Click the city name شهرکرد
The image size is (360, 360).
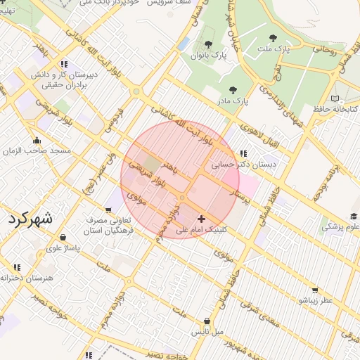pos(31,219)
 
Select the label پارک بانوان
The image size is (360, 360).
pos(210,54)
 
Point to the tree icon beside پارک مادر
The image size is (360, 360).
pos(233,90)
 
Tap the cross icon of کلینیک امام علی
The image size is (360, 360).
pos(202,219)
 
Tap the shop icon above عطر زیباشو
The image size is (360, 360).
pos(314,290)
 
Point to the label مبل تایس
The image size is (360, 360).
pos(209,330)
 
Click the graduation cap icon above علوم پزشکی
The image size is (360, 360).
pos(353,217)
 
